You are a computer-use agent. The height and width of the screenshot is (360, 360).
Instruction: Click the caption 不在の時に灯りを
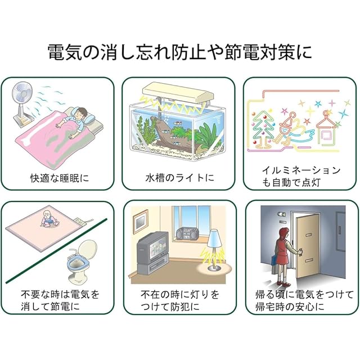point(179,294)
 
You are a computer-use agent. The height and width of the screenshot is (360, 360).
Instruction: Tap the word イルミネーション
point(301,169)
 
